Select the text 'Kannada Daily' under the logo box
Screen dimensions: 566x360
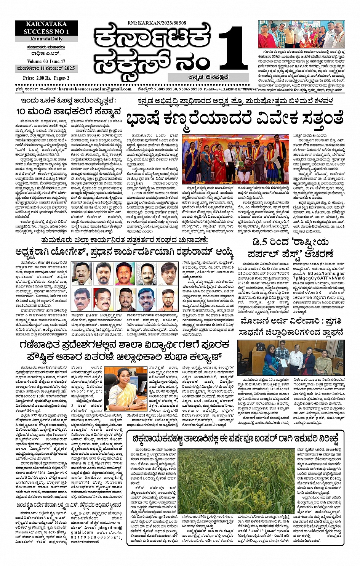pos(46,39)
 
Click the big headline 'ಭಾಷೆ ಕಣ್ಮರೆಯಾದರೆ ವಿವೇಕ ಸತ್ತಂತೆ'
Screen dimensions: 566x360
pos(235,119)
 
